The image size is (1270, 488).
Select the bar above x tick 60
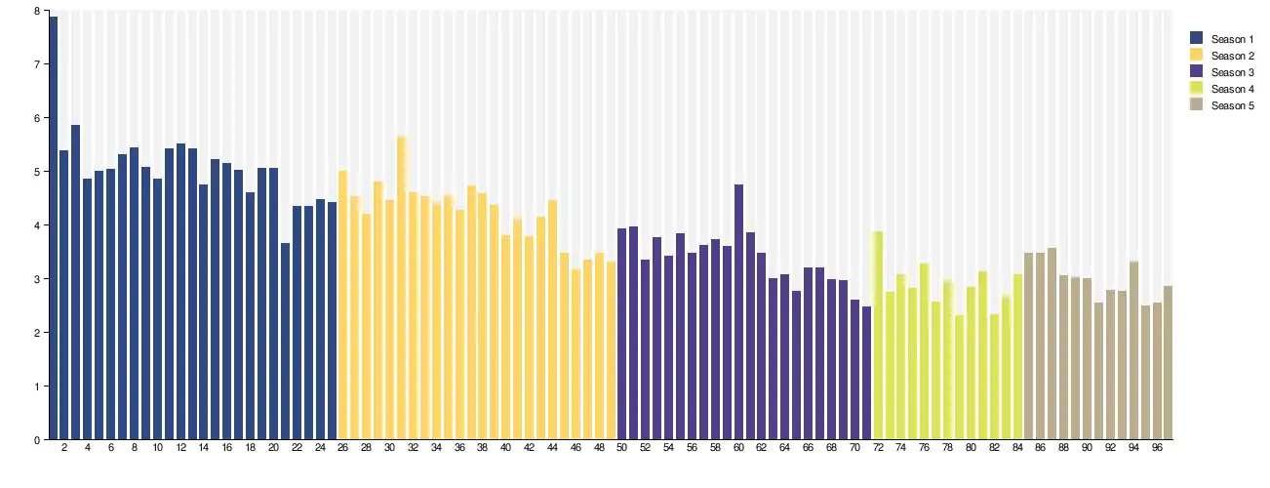(738, 311)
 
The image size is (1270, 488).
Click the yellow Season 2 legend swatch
(1197, 56)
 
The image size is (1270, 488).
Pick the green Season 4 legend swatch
(1197, 89)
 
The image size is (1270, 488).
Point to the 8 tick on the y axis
(37, 11)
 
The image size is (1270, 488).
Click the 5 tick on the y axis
(37, 172)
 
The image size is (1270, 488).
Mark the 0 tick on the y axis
(37, 439)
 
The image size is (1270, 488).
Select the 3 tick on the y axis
(37, 279)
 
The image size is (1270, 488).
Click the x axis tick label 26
(343, 448)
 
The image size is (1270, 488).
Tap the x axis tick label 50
(621, 448)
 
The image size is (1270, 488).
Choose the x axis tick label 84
(1017, 448)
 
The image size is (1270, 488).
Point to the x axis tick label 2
(64, 448)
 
